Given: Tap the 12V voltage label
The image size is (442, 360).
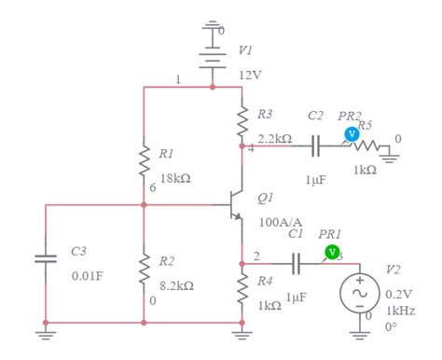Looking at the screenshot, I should [250, 74].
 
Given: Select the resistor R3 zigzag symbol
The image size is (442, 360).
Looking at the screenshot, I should [242, 117].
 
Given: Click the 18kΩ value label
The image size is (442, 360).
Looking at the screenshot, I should [174, 177].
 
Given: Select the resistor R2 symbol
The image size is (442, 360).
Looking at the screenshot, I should [144, 270].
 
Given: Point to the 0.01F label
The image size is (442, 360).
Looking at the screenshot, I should [89, 276].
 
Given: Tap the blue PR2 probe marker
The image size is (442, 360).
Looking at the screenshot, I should [352, 134].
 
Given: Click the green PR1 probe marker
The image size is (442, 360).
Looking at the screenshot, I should [331, 252].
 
